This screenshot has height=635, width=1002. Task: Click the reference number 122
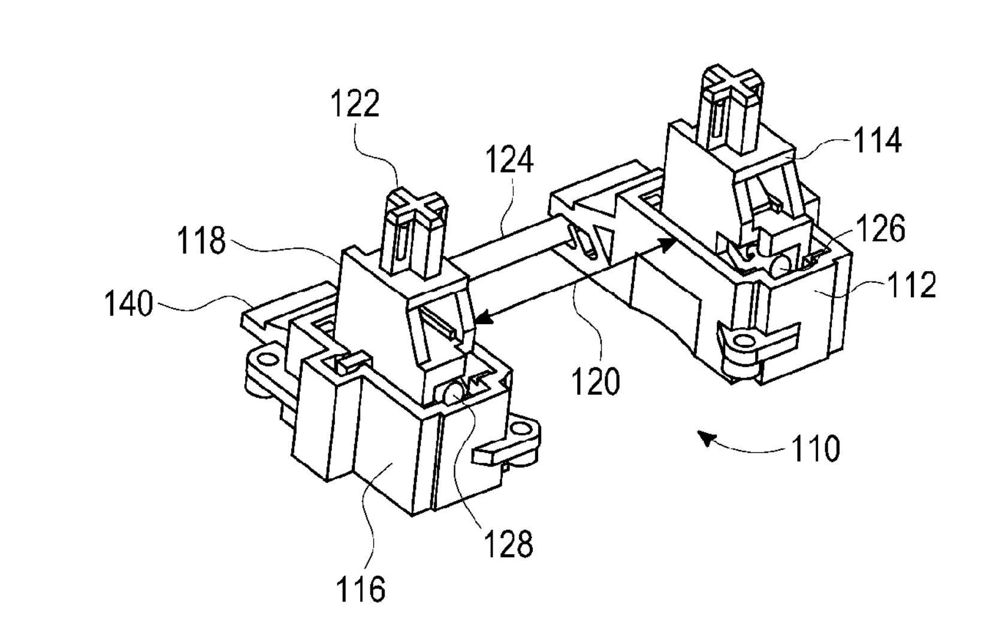(355, 104)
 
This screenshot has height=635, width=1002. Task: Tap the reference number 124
(509, 159)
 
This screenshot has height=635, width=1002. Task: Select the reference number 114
(877, 140)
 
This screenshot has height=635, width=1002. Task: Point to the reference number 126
(881, 228)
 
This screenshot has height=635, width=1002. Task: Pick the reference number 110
(816, 448)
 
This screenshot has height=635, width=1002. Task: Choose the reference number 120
(595, 381)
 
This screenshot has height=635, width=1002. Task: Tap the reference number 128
(509, 543)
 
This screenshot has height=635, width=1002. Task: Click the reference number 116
(361, 589)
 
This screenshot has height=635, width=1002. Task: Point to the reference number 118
(201, 241)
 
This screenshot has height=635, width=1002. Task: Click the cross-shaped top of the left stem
(417, 206)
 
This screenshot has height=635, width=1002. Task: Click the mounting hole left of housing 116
(267, 359)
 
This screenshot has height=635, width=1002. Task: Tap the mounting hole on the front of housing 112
(744, 342)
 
